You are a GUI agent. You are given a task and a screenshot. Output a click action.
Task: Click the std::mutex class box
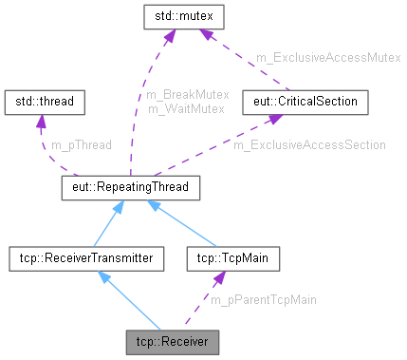(x=182, y=16)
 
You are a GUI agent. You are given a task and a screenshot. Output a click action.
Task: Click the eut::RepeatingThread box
(x=130, y=188)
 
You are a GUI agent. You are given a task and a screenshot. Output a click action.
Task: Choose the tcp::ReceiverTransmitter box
(x=80, y=256)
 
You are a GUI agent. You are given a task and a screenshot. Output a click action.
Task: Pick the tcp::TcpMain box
(x=223, y=256)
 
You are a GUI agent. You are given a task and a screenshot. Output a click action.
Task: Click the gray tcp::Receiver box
(x=173, y=340)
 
